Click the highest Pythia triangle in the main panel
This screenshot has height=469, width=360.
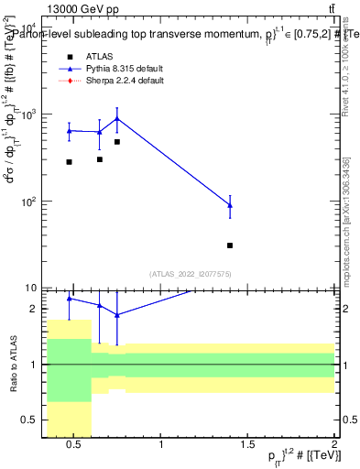(x=117, y=118)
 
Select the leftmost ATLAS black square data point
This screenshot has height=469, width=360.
(x=69, y=162)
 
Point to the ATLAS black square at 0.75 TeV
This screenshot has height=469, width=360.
(x=117, y=142)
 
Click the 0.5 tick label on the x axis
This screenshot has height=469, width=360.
(x=75, y=445)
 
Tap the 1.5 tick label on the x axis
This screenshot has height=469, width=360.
(x=248, y=445)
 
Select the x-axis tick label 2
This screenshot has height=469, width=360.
(x=334, y=445)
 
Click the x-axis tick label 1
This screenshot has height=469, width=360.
(x=162, y=445)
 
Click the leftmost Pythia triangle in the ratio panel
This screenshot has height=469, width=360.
(x=69, y=299)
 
